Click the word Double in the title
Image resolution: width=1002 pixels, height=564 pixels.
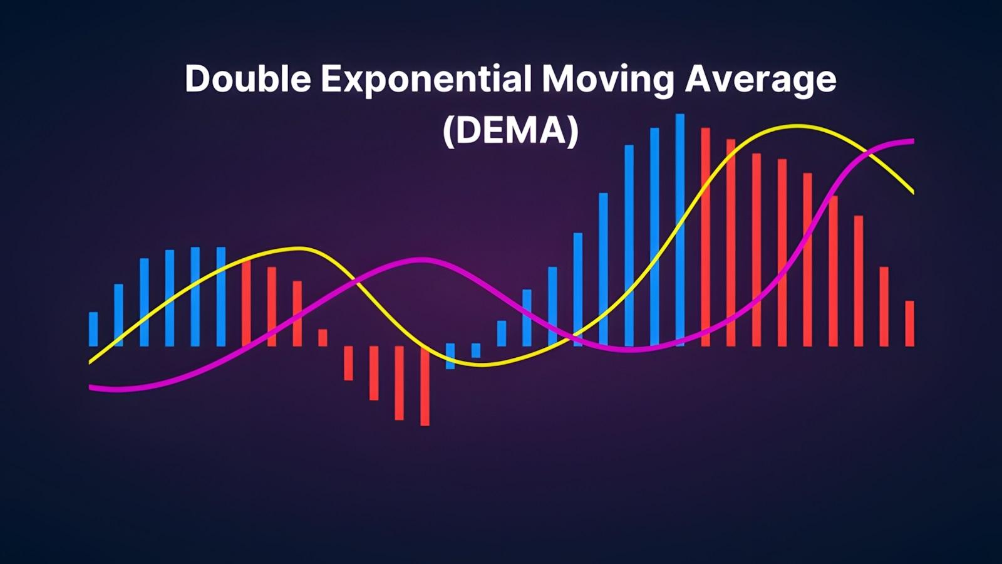click(248, 78)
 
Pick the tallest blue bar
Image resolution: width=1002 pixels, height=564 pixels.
click(680, 230)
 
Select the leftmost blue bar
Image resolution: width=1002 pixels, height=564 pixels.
click(93, 329)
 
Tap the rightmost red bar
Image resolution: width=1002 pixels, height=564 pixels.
click(909, 323)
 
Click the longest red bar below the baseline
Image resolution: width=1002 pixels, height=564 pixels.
click(425, 386)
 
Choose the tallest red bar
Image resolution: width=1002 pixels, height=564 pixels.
click(705, 238)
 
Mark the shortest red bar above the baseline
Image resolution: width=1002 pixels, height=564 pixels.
click(323, 338)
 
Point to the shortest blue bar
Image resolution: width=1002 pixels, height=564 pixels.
click(476, 350)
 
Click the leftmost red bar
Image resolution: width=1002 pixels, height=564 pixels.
click(246, 303)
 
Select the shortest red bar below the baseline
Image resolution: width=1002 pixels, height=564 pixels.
click(348, 363)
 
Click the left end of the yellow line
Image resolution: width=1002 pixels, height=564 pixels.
click(90, 362)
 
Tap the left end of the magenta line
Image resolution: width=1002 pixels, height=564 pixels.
click(90, 387)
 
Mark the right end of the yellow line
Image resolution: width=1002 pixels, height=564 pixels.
click(913, 192)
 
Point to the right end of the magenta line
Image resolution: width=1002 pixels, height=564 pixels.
click(913, 142)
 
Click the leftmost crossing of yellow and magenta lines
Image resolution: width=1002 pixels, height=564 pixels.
click(356, 280)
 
